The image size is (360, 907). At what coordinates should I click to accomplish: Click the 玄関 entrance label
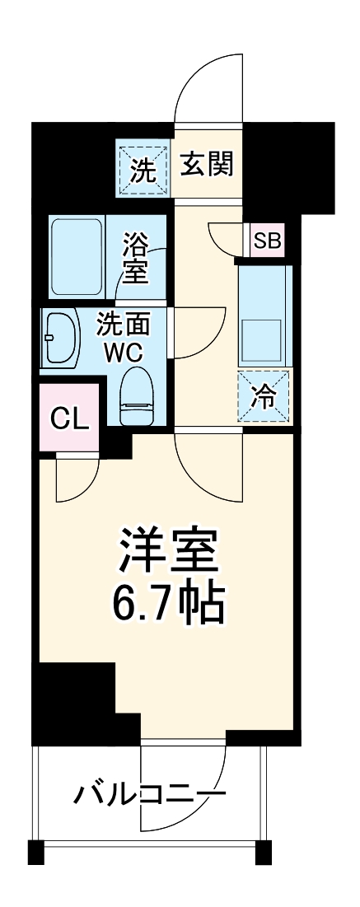tap(207, 166)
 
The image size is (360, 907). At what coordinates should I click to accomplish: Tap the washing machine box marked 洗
tap(143, 171)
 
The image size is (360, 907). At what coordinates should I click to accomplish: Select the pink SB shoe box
tap(267, 241)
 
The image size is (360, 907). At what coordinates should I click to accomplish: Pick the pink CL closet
tap(69, 418)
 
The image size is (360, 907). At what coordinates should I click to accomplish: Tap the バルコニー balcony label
tap(150, 794)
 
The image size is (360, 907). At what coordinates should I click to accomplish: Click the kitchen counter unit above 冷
tap(264, 313)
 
